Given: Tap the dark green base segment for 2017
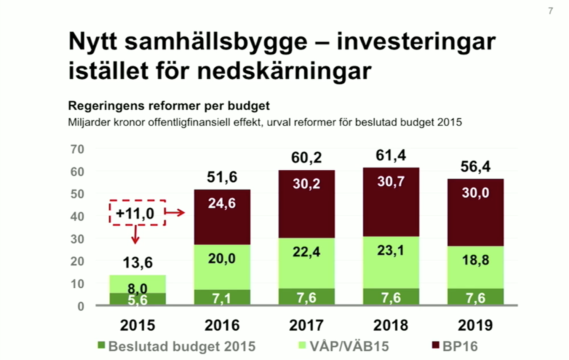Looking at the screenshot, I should click(307, 297).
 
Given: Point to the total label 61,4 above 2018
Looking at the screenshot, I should click(391, 155).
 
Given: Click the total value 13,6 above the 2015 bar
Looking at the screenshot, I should click(137, 263).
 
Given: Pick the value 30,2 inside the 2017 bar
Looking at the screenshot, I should click(307, 184).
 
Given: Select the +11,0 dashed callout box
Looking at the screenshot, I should click(137, 213).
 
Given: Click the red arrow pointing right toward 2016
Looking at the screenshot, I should click(175, 212).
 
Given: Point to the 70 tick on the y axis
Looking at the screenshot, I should click(77, 149).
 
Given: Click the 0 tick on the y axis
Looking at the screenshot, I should click(81, 306).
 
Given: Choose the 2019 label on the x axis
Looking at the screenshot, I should click(475, 325).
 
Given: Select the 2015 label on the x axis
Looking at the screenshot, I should click(137, 325).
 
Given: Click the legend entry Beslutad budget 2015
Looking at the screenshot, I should click(177, 346).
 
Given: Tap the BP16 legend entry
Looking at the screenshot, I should click(455, 346).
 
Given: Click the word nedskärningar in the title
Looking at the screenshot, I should click(284, 71).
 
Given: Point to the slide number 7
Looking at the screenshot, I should click(550, 11).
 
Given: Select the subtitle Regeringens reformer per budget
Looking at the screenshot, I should click(169, 105).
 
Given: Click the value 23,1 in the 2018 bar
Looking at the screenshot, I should click(391, 250).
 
